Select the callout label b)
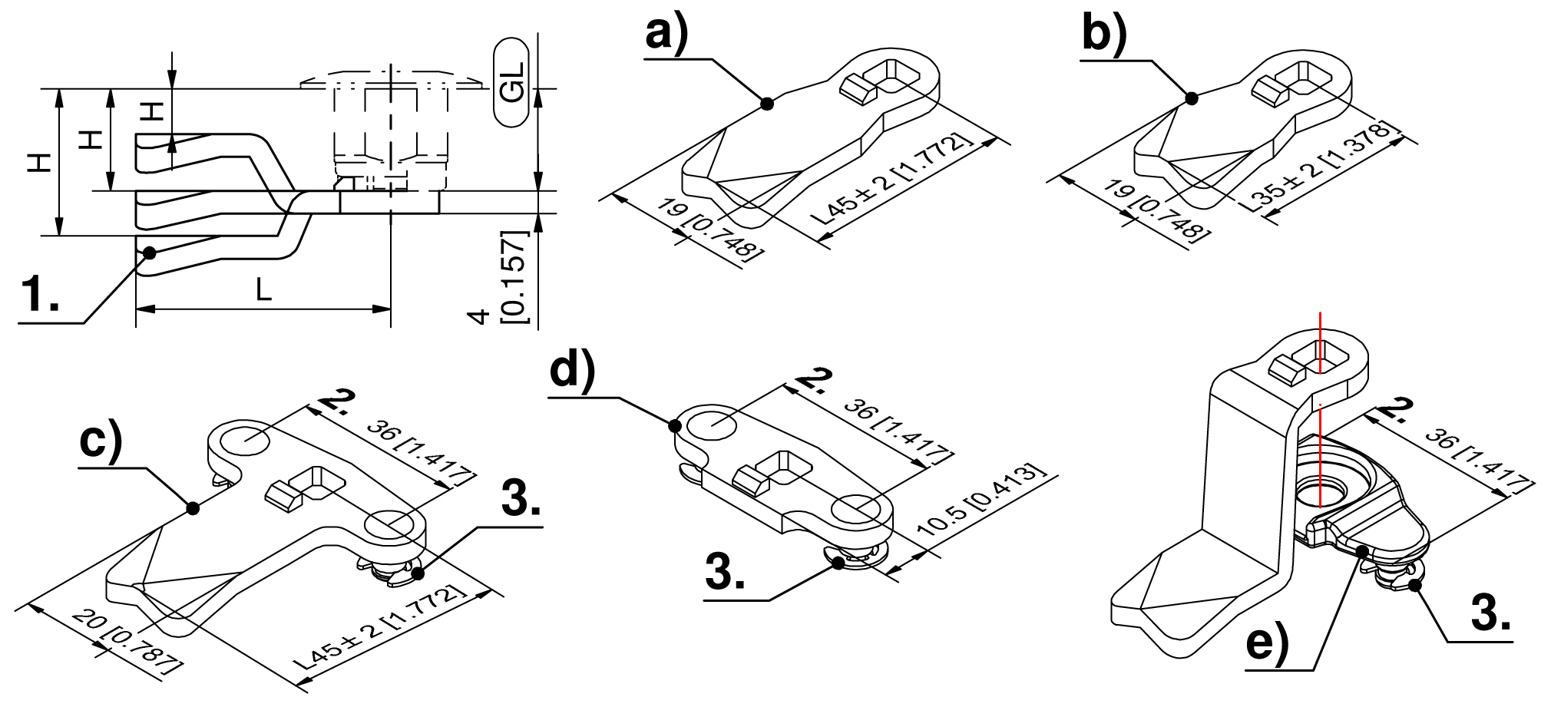(1104, 35)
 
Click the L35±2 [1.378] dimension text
(1320, 168)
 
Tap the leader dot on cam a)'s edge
(766, 103)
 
